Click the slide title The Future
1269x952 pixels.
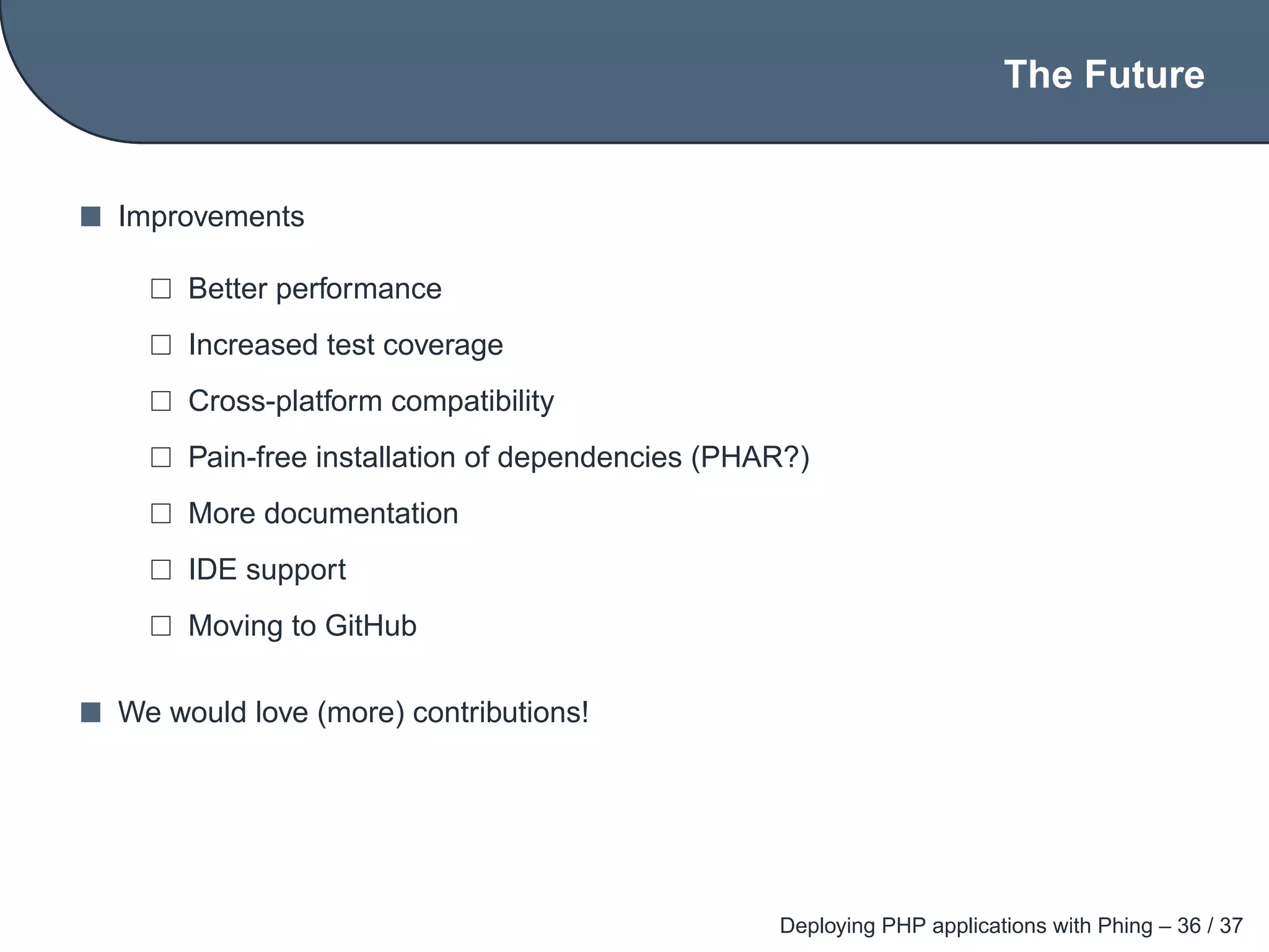point(1104,75)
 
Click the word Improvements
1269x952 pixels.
point(211,217)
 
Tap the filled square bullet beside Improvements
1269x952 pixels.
point(90,217)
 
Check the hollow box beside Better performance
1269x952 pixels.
point(161,289)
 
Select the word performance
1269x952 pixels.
point(359,289)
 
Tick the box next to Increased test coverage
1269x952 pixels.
point(161,345)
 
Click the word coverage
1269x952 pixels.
point(443,346)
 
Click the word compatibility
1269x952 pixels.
point(473,402)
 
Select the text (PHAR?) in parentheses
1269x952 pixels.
point(750,457)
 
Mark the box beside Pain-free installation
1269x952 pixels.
point(161,457)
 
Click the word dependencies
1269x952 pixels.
point(589,457)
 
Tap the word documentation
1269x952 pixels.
point(361,514)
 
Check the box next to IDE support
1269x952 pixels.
point(161,570)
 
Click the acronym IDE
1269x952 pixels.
point(213,570)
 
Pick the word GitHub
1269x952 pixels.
point(371,626)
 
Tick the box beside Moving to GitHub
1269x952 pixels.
point(161,626)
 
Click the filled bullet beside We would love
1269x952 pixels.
point(90,713)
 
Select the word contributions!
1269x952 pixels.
point(501,713)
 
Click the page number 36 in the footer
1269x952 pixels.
point(1189,925)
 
